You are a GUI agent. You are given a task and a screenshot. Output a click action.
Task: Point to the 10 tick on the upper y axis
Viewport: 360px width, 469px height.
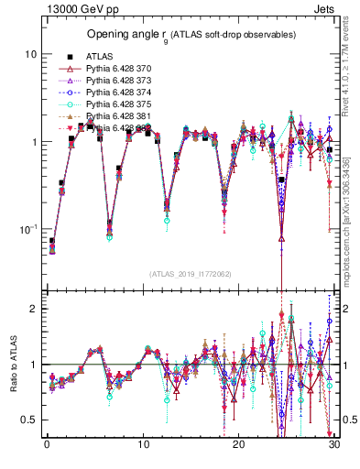point(30,54)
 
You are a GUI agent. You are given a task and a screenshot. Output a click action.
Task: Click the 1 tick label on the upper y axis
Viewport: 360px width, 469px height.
point(33,142)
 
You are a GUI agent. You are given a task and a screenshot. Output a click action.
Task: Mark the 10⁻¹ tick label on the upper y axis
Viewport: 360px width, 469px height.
point(27,228)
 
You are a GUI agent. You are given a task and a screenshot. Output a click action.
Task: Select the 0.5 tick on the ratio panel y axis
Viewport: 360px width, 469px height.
point(29,420)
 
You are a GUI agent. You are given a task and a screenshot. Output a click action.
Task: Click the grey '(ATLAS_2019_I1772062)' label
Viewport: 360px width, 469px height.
point(190,274)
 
